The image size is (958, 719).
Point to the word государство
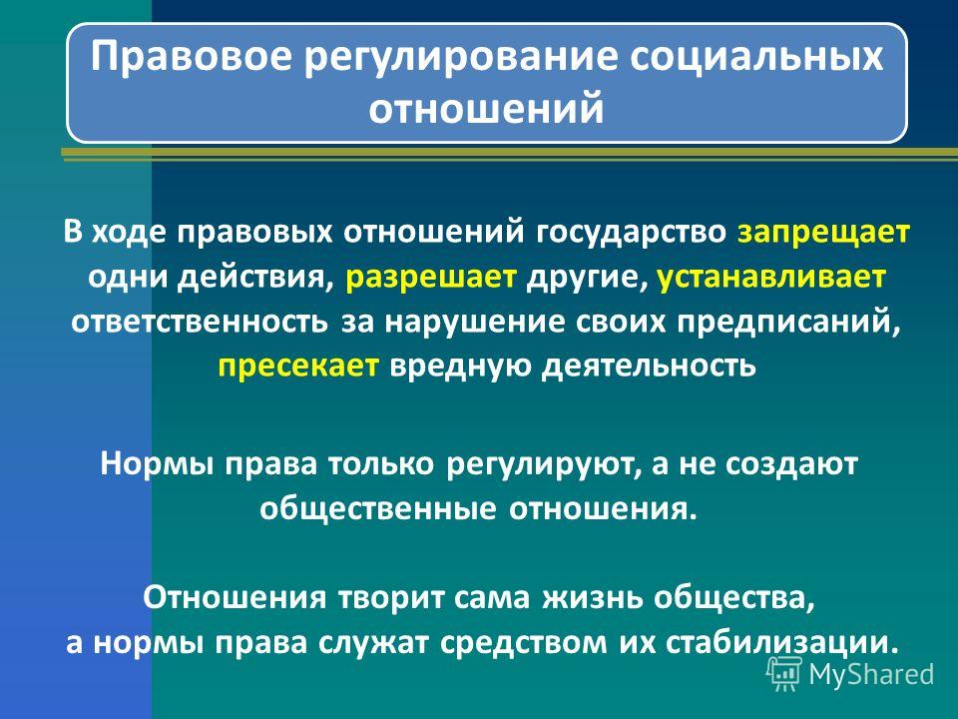(632, 234)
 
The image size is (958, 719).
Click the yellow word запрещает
(823, 234)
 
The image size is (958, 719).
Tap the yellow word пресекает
(298, 366)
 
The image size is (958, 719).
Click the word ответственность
(200, 323)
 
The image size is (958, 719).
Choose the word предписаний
(788, 323)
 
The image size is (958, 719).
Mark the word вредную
(461, 366)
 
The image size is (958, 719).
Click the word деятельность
(650, 365)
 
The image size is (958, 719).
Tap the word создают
(791, 464)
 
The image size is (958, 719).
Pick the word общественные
(377, 509)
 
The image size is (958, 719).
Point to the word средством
(524, 643)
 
